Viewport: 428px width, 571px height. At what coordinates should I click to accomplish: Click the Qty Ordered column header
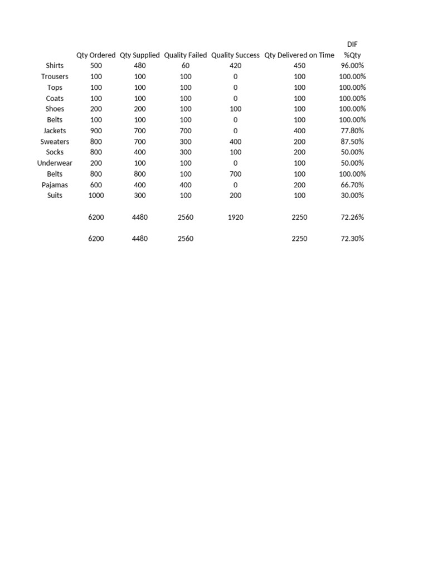pyautogui.click(x=96, y=55)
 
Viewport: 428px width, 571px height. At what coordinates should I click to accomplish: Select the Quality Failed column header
pyautogui.click(x=186, y=55)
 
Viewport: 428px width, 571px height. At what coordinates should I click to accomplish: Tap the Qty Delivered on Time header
pyautogui.click(x=299, y=55)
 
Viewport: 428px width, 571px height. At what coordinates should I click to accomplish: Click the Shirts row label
pyautogui.click(x=55, y=66)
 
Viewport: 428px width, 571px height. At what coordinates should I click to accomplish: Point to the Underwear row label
pyautogui.click(x=55, y=163)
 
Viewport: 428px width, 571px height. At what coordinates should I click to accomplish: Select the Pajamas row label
pyautogui.click(x=55, y=185)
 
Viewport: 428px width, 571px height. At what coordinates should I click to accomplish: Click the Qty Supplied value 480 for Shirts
pyautogui.click(x=140, y=66)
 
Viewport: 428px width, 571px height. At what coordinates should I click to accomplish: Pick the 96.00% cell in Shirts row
pyautogui.click(x=352, y=66)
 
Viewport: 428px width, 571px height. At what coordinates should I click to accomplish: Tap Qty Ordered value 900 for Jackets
pyautogui.click(x=96, y=130)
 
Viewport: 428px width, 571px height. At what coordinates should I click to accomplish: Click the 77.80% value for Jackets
pyautogui.click(x=352, y=130)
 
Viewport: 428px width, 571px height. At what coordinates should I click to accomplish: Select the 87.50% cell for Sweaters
pyautogui.click(x=352, y=142)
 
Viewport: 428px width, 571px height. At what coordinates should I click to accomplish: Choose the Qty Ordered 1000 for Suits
pyautogui.click(x=96, y=195)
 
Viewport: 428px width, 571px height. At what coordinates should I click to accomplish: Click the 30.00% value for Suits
pyautogui.click(x=352, y=195)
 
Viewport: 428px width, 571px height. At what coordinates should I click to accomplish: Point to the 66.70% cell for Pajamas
pyautogui.click(x=352, y=185)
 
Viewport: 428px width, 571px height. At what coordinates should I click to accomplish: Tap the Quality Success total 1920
pyautogui.click(x=235, y=217)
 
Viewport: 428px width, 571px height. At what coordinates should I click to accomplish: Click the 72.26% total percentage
pyautogui.click(x=352, y=217)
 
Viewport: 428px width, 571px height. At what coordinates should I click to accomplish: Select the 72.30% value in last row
pyautogui.click(x=352, y=239)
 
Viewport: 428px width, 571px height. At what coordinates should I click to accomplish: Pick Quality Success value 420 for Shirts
pyautogui.click(x=235, y=66)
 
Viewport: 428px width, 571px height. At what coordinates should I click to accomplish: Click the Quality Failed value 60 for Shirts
pyautogui.click(x=186, y=66)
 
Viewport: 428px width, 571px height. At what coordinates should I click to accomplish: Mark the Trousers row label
pyautogui.click(x=55, y=76)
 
